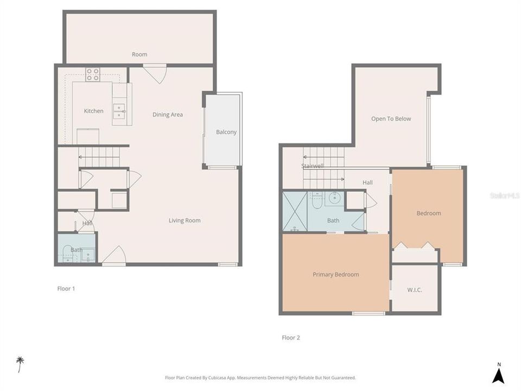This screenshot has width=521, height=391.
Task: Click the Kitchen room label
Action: pos(93,111)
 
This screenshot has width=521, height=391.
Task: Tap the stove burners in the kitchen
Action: pos(93,74)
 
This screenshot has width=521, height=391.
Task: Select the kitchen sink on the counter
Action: pos(119,111)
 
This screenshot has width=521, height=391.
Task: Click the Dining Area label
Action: pos(167,115)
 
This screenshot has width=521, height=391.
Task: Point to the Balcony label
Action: pos(226,132)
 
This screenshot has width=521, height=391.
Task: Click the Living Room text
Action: pos(185,220)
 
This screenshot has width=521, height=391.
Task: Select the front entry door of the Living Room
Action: pos(114,255)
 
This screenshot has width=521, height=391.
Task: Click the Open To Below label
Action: pos(391,119)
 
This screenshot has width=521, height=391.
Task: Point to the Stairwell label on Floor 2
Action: pos(313,166)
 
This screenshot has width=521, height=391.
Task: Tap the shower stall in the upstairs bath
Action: pos(295,211)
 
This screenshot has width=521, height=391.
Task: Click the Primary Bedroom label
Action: pos(335,275)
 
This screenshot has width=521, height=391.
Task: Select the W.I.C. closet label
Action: pos(415,290)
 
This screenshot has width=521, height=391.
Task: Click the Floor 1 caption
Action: pos(66,289)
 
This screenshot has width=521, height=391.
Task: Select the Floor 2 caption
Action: pos(290,338)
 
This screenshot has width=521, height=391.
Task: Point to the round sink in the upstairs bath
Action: pos(335,198)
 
